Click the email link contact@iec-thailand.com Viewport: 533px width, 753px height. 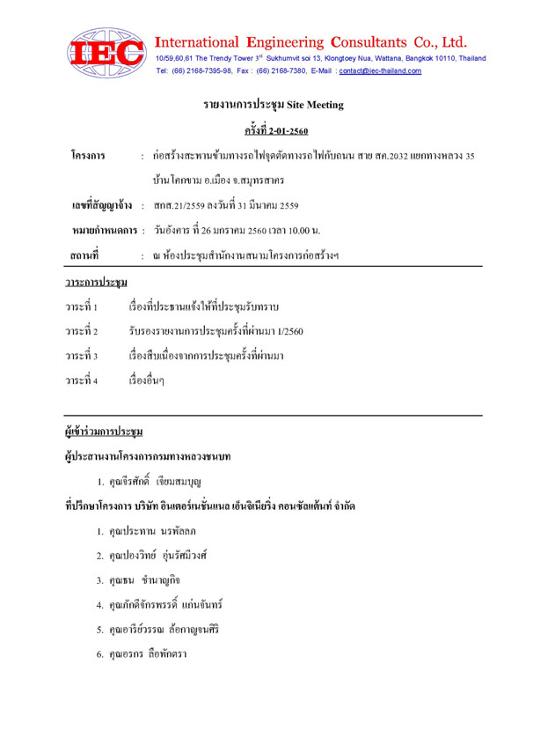(380, 70)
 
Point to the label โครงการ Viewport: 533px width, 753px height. (88, 157)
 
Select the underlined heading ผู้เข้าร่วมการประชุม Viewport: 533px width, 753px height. (104, 433)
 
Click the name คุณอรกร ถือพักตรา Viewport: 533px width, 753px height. (149, 654)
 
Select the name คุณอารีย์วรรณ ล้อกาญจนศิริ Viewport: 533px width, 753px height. (162, 630)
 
